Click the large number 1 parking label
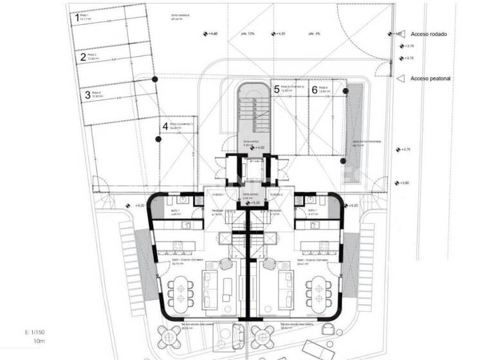78,18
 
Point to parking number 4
165,127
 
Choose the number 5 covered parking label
277,89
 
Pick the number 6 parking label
315,90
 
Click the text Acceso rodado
429,33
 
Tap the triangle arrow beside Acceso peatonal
402,79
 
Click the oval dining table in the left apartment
179,291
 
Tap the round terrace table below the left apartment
174,334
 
